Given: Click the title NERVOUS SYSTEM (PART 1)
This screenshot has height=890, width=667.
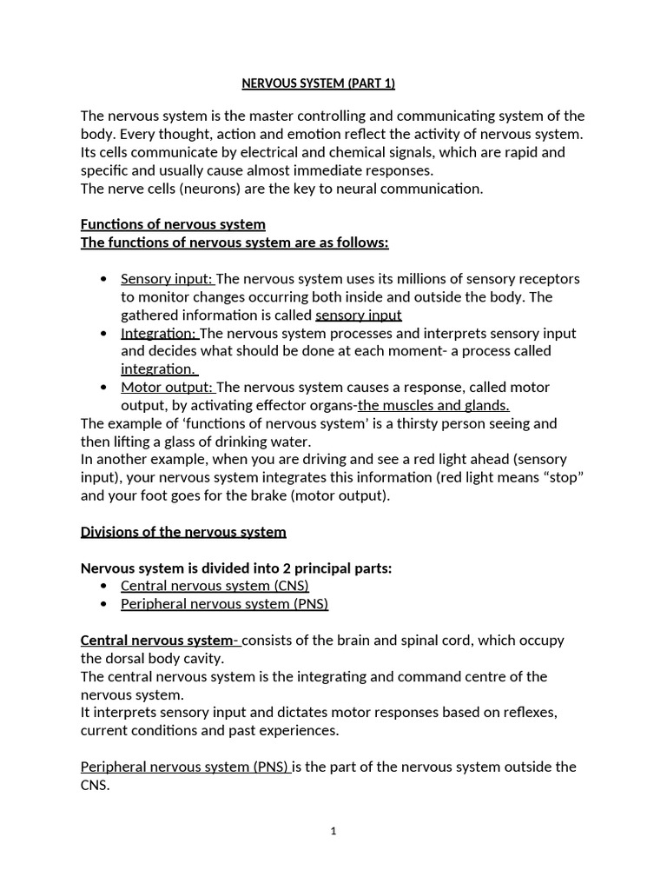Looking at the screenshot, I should [x=317, y=84].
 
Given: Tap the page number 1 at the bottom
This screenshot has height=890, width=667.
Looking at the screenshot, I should [x=333, y=831].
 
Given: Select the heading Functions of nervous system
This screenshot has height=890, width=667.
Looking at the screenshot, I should [x=173, y=224].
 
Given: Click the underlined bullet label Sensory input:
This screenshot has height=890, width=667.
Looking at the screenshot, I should [x=167, y=279].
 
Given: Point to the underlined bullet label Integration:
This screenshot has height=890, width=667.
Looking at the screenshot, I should [x=160, y=333].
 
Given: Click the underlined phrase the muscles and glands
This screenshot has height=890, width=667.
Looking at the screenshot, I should [x=433, y=405].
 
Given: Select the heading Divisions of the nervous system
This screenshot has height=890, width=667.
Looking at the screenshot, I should [x=183, y=531].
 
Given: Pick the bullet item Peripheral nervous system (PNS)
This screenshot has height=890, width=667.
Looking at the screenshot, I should [x=224, y=603].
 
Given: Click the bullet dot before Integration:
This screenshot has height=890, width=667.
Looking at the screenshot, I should [x=104, y=333].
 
